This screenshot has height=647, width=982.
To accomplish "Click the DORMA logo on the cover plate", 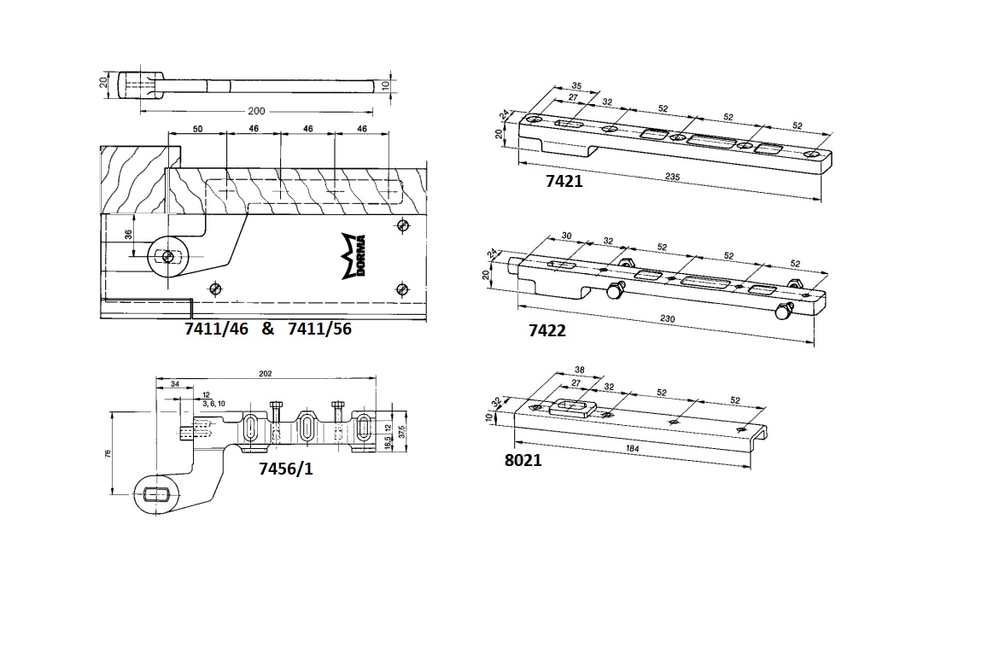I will tap(353, 256).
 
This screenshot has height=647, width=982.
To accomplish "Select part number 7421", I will tap(564, 180).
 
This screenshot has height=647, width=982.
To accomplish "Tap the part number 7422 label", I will tap(547, 330).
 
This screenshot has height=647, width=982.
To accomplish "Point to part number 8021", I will tap(523, 460).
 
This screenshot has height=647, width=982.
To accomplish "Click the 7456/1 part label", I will tap(285, 468).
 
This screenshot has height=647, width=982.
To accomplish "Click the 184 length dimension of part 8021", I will tap(633, 448).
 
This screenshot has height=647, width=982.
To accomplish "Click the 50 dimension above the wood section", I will tap(197, 128).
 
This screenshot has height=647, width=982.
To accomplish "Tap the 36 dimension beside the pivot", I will tap(128, 234).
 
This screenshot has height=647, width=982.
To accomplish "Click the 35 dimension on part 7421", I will tap(576, 86).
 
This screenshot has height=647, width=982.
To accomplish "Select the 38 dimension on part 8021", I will tap(581, 370).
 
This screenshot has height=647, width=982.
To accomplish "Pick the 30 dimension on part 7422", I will tap(565, 237).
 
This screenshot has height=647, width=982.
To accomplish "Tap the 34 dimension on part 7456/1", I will tap(174, 385).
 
